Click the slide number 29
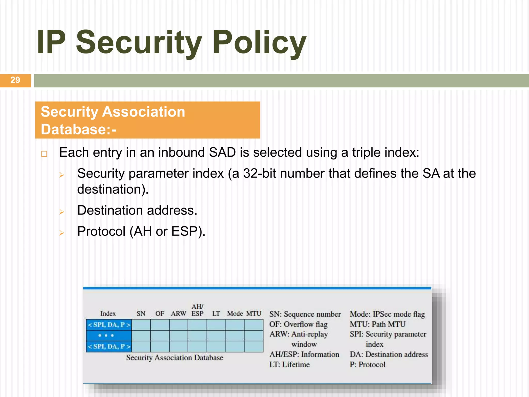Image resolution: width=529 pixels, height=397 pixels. [15, 80]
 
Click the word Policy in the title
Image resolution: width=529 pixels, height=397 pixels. [259, 43]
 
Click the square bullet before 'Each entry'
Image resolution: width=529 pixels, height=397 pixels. [44, 154]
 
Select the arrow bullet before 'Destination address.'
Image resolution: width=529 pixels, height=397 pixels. [61, 212]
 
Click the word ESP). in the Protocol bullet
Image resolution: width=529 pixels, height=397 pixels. [188, 231]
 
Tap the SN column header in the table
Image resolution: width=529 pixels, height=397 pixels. [141, 314]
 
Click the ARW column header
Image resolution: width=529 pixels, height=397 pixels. [178, 314]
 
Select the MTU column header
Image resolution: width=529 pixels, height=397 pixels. [254, 314]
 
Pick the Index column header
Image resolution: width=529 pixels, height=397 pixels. [108, 314]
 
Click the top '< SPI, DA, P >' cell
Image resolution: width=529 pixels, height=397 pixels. [109, 325]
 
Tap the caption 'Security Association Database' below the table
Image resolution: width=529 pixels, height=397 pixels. [175, 358]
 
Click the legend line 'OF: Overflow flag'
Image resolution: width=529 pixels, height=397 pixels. [298, 324]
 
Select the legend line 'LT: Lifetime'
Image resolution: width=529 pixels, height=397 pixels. [289, 365]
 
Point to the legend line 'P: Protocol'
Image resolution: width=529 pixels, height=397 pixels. [367, 365]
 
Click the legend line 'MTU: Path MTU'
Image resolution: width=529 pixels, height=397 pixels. [377, 324]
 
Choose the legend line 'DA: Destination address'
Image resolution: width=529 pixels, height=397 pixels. [388, 354]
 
